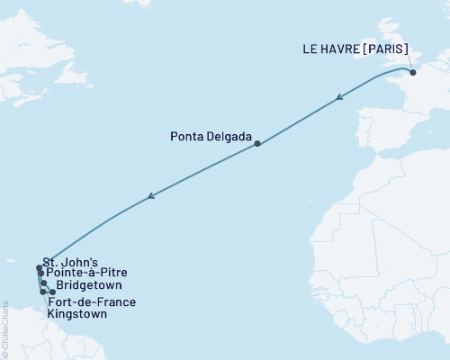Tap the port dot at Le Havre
pyautogui.click(x=413, y=73)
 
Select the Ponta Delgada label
pyautogui.click(x=211, y=138)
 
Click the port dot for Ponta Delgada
pyautogui.click(x=257, y=144)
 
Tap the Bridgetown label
pyautogui.click(x=88, y=284)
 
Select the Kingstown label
pyautogui.click(x=76, y=315)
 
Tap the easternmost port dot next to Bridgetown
pyautogui.click(x=53, y=292)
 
